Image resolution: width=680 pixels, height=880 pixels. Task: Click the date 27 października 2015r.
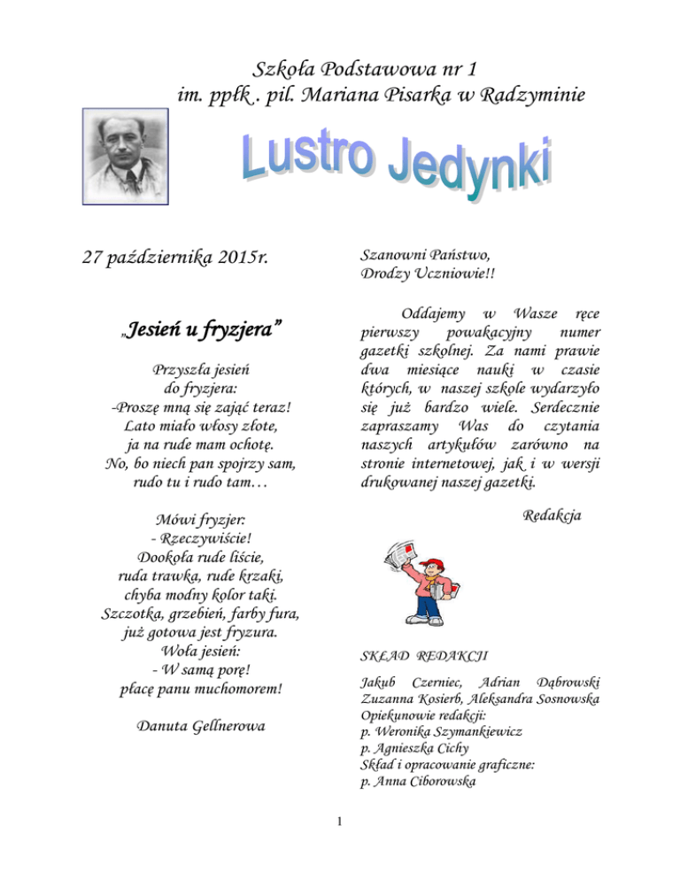(x=175, y=259)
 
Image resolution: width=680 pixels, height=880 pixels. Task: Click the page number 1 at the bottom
(x=340, y=822)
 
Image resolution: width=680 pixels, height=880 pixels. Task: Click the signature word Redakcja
(x=552, y=514)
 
